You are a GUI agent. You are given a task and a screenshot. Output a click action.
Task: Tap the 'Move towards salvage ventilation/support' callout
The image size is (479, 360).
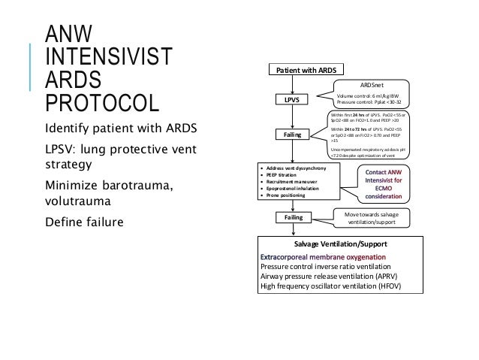point(372,218)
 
